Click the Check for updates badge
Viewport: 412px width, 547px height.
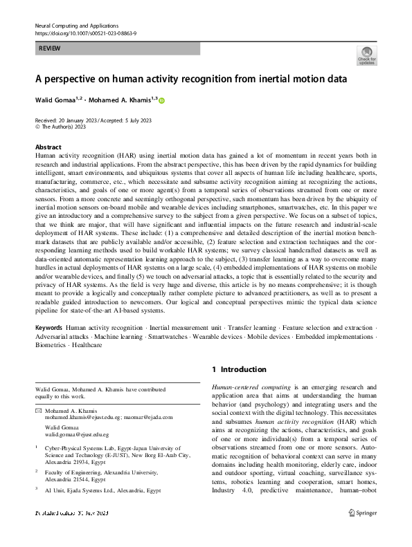click(x=366, y=55)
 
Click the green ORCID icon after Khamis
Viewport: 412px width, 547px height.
click(x=163, y=100)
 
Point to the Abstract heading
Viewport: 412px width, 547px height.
click(x=48, y=148)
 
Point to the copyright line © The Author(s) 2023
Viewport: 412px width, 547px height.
click(x=60, y=127)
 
